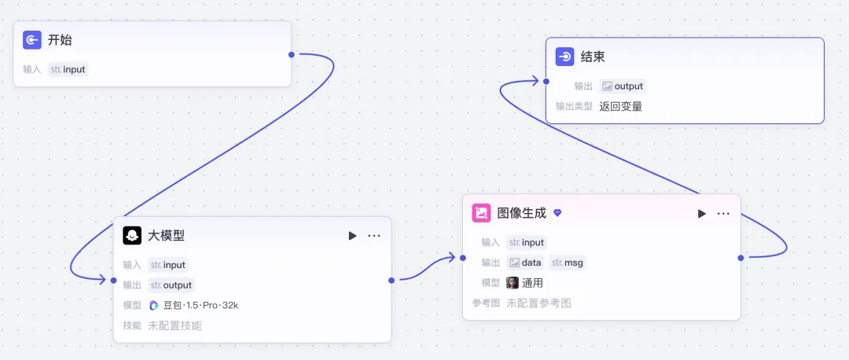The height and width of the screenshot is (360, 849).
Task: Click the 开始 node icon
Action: [32, 40]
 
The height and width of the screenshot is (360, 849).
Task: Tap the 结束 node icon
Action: [565, 57]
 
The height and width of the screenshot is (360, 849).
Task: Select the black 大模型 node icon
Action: [132, 235]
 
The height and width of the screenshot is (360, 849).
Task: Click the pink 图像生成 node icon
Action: [481, 213]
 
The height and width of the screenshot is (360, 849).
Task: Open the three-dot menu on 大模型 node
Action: [374, 236]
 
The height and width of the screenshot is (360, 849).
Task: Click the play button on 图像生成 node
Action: [702, 214]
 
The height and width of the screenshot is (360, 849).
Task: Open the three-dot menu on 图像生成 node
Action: [723, 214]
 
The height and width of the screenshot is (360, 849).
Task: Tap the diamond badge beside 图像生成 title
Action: [557, 213]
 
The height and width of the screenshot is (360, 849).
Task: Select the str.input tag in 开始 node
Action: [68, 69]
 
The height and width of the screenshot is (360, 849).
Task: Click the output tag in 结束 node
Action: [623, 86]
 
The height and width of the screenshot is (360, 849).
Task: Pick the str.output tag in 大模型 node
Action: [171, 285]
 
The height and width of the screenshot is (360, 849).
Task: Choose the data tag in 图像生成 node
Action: [525, 263]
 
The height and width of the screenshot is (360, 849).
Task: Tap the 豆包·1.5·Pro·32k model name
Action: [200, 305]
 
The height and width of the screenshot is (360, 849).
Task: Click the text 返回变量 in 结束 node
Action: [620, 106]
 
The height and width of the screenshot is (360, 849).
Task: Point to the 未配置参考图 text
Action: [538, 303]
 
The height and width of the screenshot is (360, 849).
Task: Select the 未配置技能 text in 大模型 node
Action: [175, 325]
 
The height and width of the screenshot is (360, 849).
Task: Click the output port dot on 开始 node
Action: [292, 54]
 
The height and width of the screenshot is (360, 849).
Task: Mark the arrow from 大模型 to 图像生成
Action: [424, 268]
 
